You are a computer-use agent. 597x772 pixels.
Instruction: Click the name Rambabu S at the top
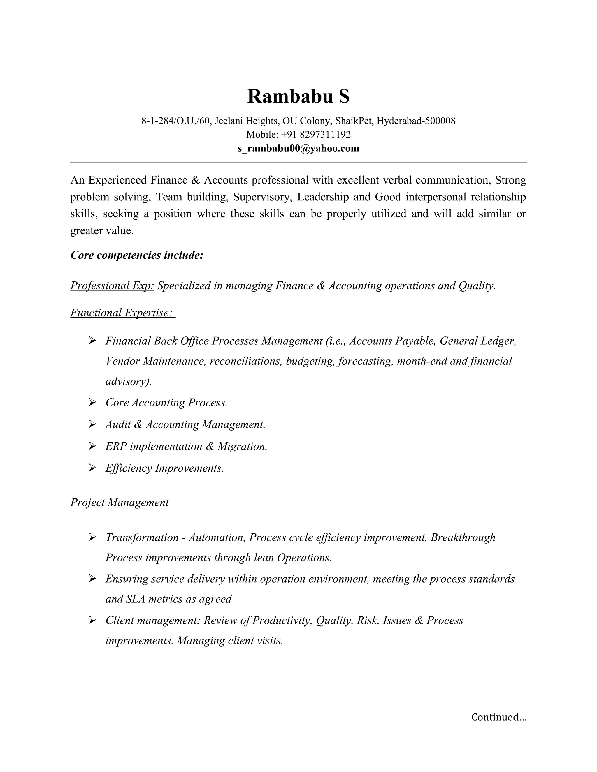point(298,96)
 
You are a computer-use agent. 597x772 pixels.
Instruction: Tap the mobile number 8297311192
point(325,135)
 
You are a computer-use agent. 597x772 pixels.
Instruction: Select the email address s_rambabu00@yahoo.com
point(298,149)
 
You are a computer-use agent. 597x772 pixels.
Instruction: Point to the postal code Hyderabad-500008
point(416,121)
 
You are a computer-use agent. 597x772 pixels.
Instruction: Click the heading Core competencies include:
point(137,255)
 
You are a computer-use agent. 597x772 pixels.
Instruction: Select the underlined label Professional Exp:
point(112,285)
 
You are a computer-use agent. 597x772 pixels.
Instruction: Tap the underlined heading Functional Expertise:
point(122,313)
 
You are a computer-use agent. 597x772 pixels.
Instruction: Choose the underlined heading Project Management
point(120,502)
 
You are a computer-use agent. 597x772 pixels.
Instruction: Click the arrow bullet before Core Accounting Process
point(92,402)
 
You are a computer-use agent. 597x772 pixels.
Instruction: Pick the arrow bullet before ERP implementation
point(92,446)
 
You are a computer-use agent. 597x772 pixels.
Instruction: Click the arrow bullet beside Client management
point(92,620)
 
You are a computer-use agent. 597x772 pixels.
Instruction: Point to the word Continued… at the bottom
point(499,717)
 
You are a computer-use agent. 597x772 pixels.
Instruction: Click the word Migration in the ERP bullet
point(242,446)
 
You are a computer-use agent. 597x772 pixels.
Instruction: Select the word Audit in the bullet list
point(118,424)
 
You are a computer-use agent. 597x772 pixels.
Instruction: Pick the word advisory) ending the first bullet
point(128,381)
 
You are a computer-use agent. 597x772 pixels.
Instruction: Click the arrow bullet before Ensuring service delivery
point(92,579)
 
